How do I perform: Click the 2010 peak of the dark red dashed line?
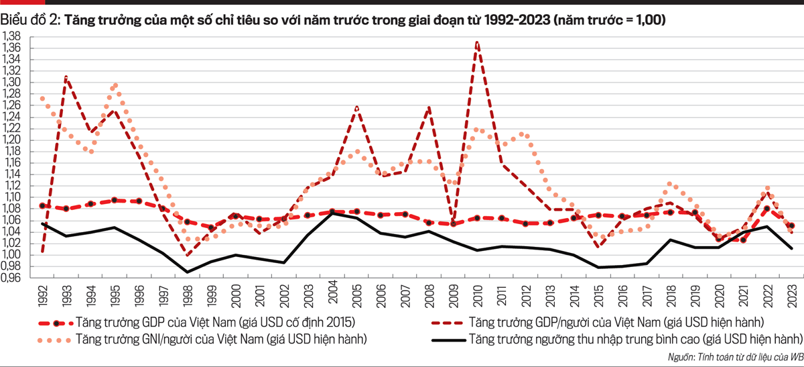[x=476, y=42]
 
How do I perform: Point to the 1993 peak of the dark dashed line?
[x=66, y=77]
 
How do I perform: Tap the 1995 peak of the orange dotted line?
[x=115, y=85]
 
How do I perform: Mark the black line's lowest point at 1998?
[x=188, y=272]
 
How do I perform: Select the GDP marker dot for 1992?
[x=43, y=206]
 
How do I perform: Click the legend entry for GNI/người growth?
[x=221, y=339]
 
